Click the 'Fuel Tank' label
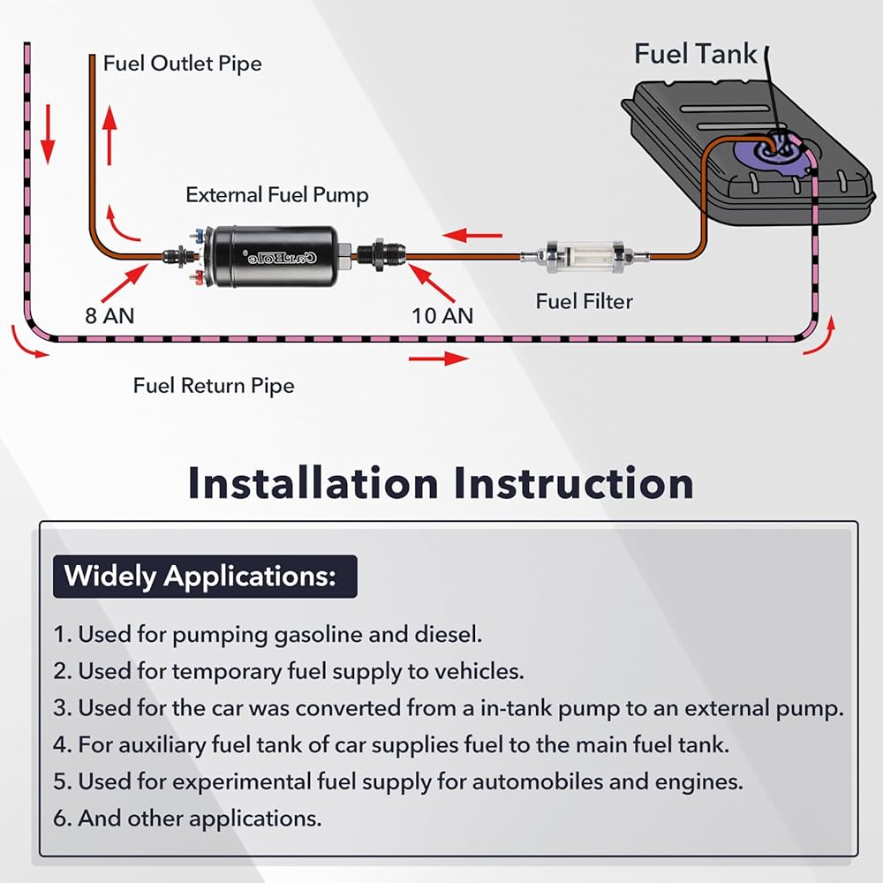(696, 54)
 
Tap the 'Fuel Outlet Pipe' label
(183, 64)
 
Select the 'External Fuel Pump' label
(277, 195)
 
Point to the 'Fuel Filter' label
(584, 301)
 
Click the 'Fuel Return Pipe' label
(214, 386)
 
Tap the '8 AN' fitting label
(109, 316)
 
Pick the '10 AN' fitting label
(442, 316)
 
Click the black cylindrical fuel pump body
(275, 257)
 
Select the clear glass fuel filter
(584, 257)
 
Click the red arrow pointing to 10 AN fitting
(432, 283)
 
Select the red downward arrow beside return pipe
(48, 134)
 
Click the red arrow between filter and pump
(472, 235)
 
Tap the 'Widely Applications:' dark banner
(205, 577)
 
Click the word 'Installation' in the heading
(313, 484)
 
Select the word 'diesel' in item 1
(449, 635)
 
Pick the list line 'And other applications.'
(187, 819)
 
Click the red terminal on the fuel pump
(197, 276)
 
